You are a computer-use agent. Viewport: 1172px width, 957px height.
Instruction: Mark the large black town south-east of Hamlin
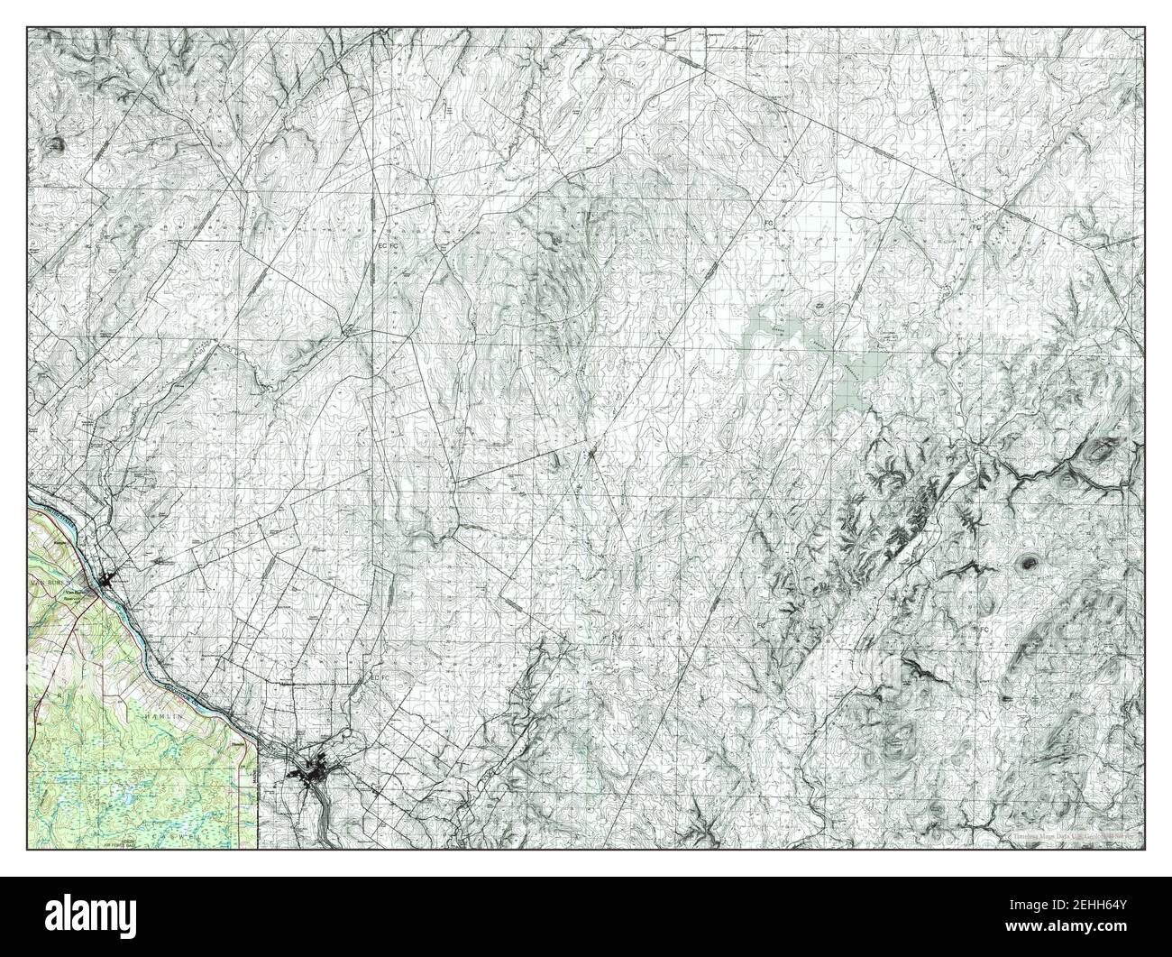[311, 773]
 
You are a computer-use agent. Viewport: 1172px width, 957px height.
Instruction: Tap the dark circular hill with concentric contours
[1026, 563]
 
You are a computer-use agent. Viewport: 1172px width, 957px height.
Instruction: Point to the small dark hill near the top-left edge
[59, 143]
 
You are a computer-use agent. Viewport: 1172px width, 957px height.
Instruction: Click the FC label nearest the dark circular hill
[985, 628]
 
